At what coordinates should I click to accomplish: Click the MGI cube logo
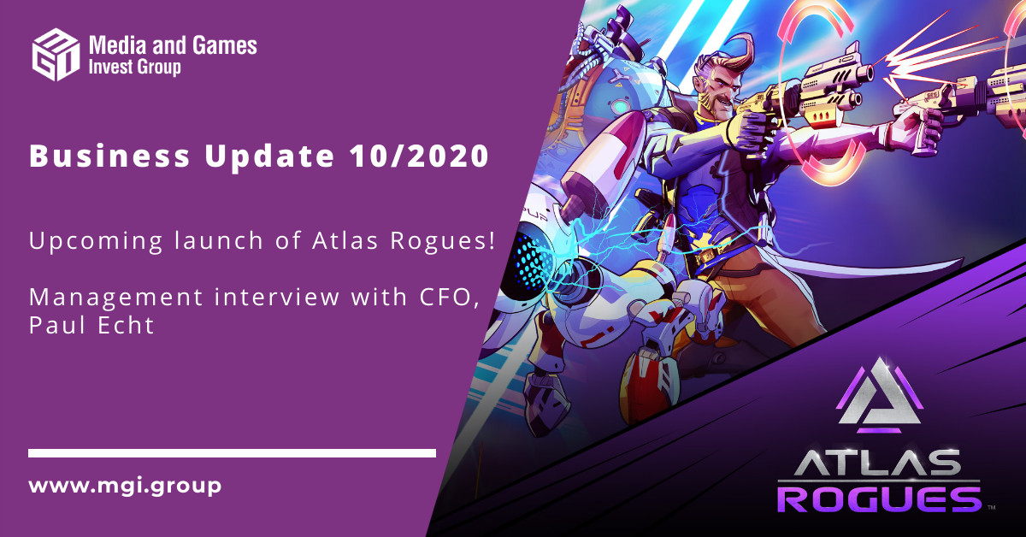[x=56, y=54]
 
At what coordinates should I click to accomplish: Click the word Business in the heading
[x=109, y=156]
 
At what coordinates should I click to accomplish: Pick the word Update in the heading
[x=269, y=156]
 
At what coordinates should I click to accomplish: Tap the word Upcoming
[x=95, y=241]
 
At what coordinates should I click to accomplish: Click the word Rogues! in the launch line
[x=443, y=241]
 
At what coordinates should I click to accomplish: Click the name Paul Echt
[x=91, y=325]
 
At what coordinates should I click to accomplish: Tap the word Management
[x=116, y=298]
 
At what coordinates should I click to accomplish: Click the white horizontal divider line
[x=232, y=453]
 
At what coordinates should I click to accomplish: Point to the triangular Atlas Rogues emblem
[x=880, y=396]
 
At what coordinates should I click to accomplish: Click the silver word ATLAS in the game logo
[x=878, y=463]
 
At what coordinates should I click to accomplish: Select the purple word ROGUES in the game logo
[x=880, y=499]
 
